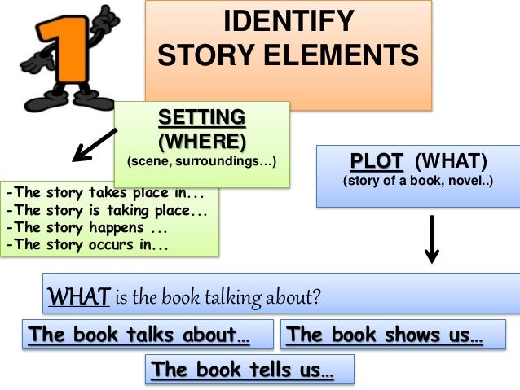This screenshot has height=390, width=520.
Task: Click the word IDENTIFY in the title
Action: [289, 21]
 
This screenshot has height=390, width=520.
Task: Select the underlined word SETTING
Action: [201, 116]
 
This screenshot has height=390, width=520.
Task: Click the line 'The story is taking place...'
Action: [106, 210]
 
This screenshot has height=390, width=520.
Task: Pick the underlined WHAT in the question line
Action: [77, 296]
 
